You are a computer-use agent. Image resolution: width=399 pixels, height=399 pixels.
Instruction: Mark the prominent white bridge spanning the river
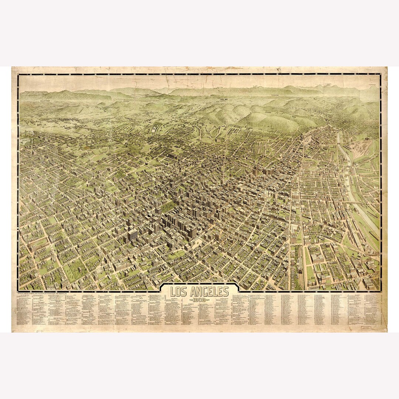pos(353,201)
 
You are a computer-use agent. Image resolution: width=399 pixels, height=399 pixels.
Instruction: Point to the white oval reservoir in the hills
pos(154,129)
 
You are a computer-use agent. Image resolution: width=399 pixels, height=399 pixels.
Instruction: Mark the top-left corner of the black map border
pos(18,75)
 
